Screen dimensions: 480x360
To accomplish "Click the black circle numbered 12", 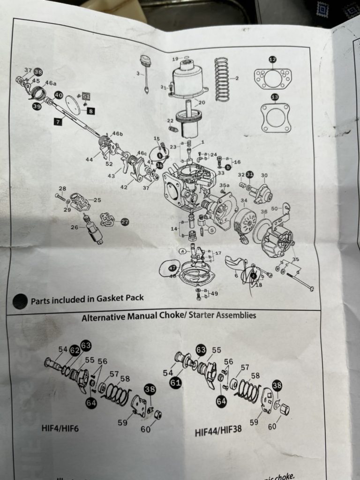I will click(x=272, y=59).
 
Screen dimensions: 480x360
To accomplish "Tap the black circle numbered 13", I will click(x=274, y=97).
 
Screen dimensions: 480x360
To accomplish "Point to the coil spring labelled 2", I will click(x=221, y=79).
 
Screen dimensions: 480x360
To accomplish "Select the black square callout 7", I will click(x=58, y=122).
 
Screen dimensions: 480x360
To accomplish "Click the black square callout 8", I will click(x=90, y=111).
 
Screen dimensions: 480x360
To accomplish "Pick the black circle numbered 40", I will click(x=58, y=95).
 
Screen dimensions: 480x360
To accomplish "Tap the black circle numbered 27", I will click(x=125, y=222).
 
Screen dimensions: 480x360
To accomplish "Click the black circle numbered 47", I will click(x=172, y=268).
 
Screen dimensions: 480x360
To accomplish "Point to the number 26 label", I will click(x=75, y=228).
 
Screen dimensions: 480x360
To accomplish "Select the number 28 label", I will click(x=62, y=189).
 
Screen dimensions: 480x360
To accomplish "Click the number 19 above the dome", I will click(x=175, y=59).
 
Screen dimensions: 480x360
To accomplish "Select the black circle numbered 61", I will click(x=176, y=383).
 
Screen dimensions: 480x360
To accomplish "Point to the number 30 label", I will click(x=264, y=176).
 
